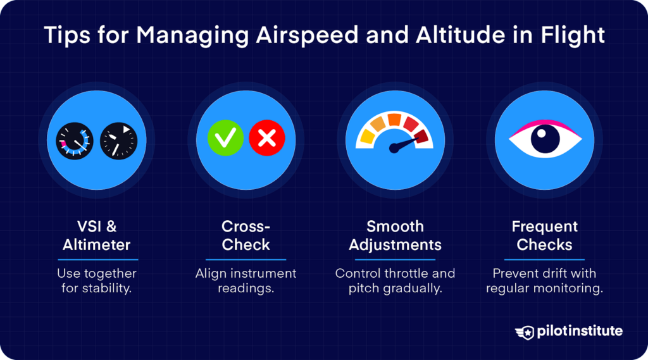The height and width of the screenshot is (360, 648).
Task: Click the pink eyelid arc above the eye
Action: (x=544, y=122)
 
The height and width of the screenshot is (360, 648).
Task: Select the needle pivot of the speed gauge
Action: (x=394, y=149)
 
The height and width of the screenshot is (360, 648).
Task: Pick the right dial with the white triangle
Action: (x=118, y=140)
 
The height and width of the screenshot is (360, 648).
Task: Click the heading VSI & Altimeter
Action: (x=97, y=235)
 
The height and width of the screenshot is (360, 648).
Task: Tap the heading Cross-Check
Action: (x=246, y=235)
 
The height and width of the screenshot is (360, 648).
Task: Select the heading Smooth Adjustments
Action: (x=395, y=235)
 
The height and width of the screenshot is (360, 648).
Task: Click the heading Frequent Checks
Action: (x=544, y=235)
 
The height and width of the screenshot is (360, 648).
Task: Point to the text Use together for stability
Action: (x=97, y=282)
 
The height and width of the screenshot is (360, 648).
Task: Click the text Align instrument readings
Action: (x=246, y=282)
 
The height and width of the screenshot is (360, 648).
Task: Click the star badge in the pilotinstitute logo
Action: (x=524, y=332)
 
